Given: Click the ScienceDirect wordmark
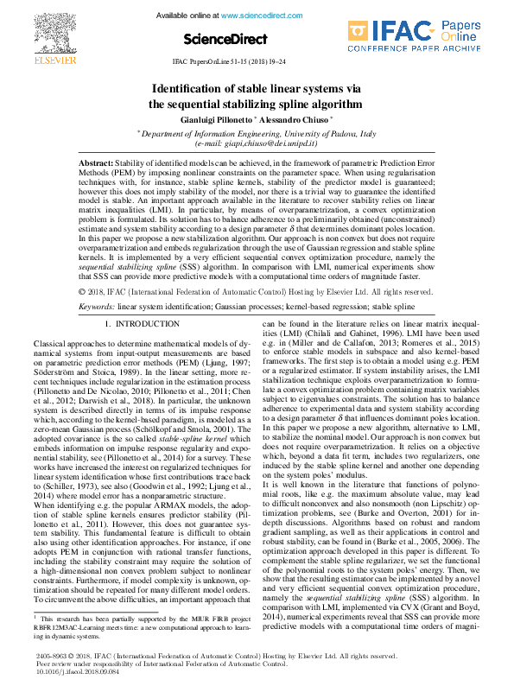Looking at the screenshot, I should coord(220,39).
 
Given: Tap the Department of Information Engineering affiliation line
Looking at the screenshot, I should coord(258,134).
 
